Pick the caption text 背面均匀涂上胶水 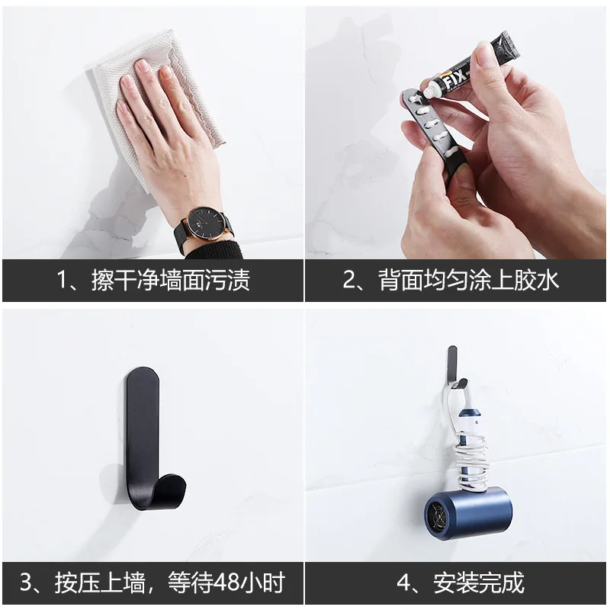(470, 279)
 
